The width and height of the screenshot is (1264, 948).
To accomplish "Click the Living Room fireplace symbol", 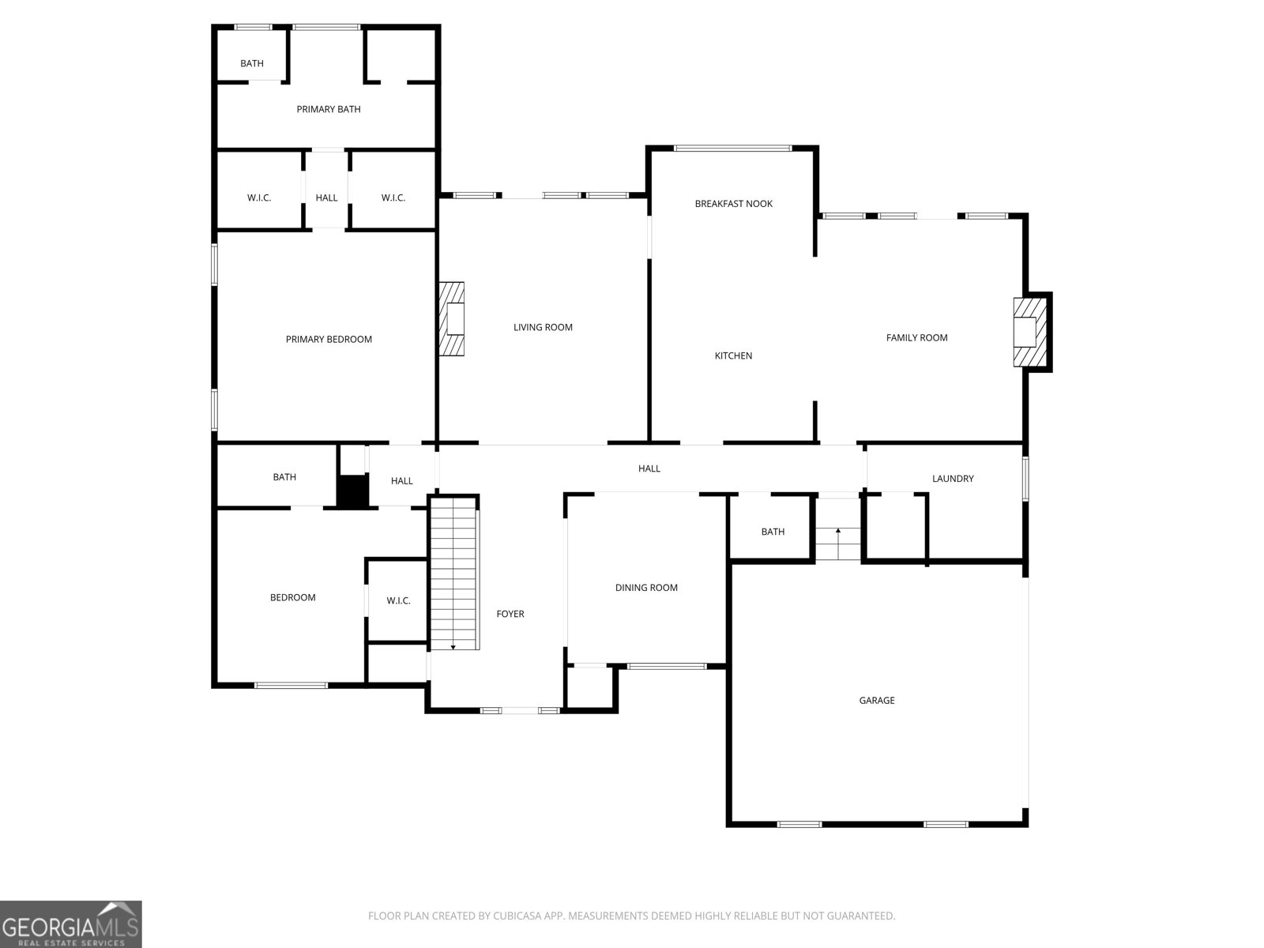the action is (451, 318).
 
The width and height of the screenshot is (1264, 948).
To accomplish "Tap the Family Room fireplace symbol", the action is (1029, 332).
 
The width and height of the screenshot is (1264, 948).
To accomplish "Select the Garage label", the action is (876, 701).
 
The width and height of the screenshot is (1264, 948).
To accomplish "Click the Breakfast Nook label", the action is (733, 204).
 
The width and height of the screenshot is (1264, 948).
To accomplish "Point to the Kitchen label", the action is (733, 355).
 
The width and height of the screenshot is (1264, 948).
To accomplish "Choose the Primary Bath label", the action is (328, 109).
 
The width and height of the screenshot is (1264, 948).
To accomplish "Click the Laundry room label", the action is (953, 478).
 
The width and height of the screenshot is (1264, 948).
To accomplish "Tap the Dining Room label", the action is (646, 588).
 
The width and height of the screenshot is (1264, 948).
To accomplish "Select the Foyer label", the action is (510, 614).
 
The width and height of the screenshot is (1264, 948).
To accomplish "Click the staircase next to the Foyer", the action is (454, 574).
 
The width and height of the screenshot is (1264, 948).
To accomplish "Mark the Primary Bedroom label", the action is (329, 340).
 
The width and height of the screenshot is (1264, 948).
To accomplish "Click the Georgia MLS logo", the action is (70, 924).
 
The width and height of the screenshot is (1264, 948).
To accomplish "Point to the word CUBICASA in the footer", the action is (517, 916).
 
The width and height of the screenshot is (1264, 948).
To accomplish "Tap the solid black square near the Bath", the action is (352, 491).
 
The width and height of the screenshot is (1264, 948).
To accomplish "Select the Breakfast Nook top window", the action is (732, 149).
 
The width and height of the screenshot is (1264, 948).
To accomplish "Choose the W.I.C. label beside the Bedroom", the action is (398, 601).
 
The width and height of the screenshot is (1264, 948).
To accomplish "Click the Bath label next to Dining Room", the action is (773, 532).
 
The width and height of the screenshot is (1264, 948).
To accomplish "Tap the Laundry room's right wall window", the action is (1025, 478).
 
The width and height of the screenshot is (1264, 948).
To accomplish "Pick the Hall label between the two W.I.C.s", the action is (326, 198).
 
